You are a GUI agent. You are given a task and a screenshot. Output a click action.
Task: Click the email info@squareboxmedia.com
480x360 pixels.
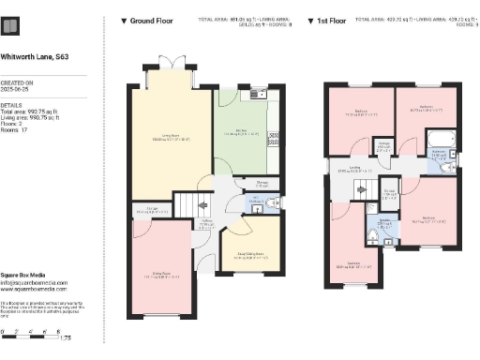(34, 281)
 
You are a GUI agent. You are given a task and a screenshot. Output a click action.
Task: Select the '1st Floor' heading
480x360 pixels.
(338, 20)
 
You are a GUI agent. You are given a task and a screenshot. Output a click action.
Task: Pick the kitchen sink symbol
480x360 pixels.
(256, 94)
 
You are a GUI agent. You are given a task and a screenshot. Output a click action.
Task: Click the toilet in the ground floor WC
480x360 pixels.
(268, 202)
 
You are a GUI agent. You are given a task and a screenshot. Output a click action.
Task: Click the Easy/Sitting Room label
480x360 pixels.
(249, 253)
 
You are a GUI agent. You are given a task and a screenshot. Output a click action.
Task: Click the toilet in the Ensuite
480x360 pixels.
(373, 239)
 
